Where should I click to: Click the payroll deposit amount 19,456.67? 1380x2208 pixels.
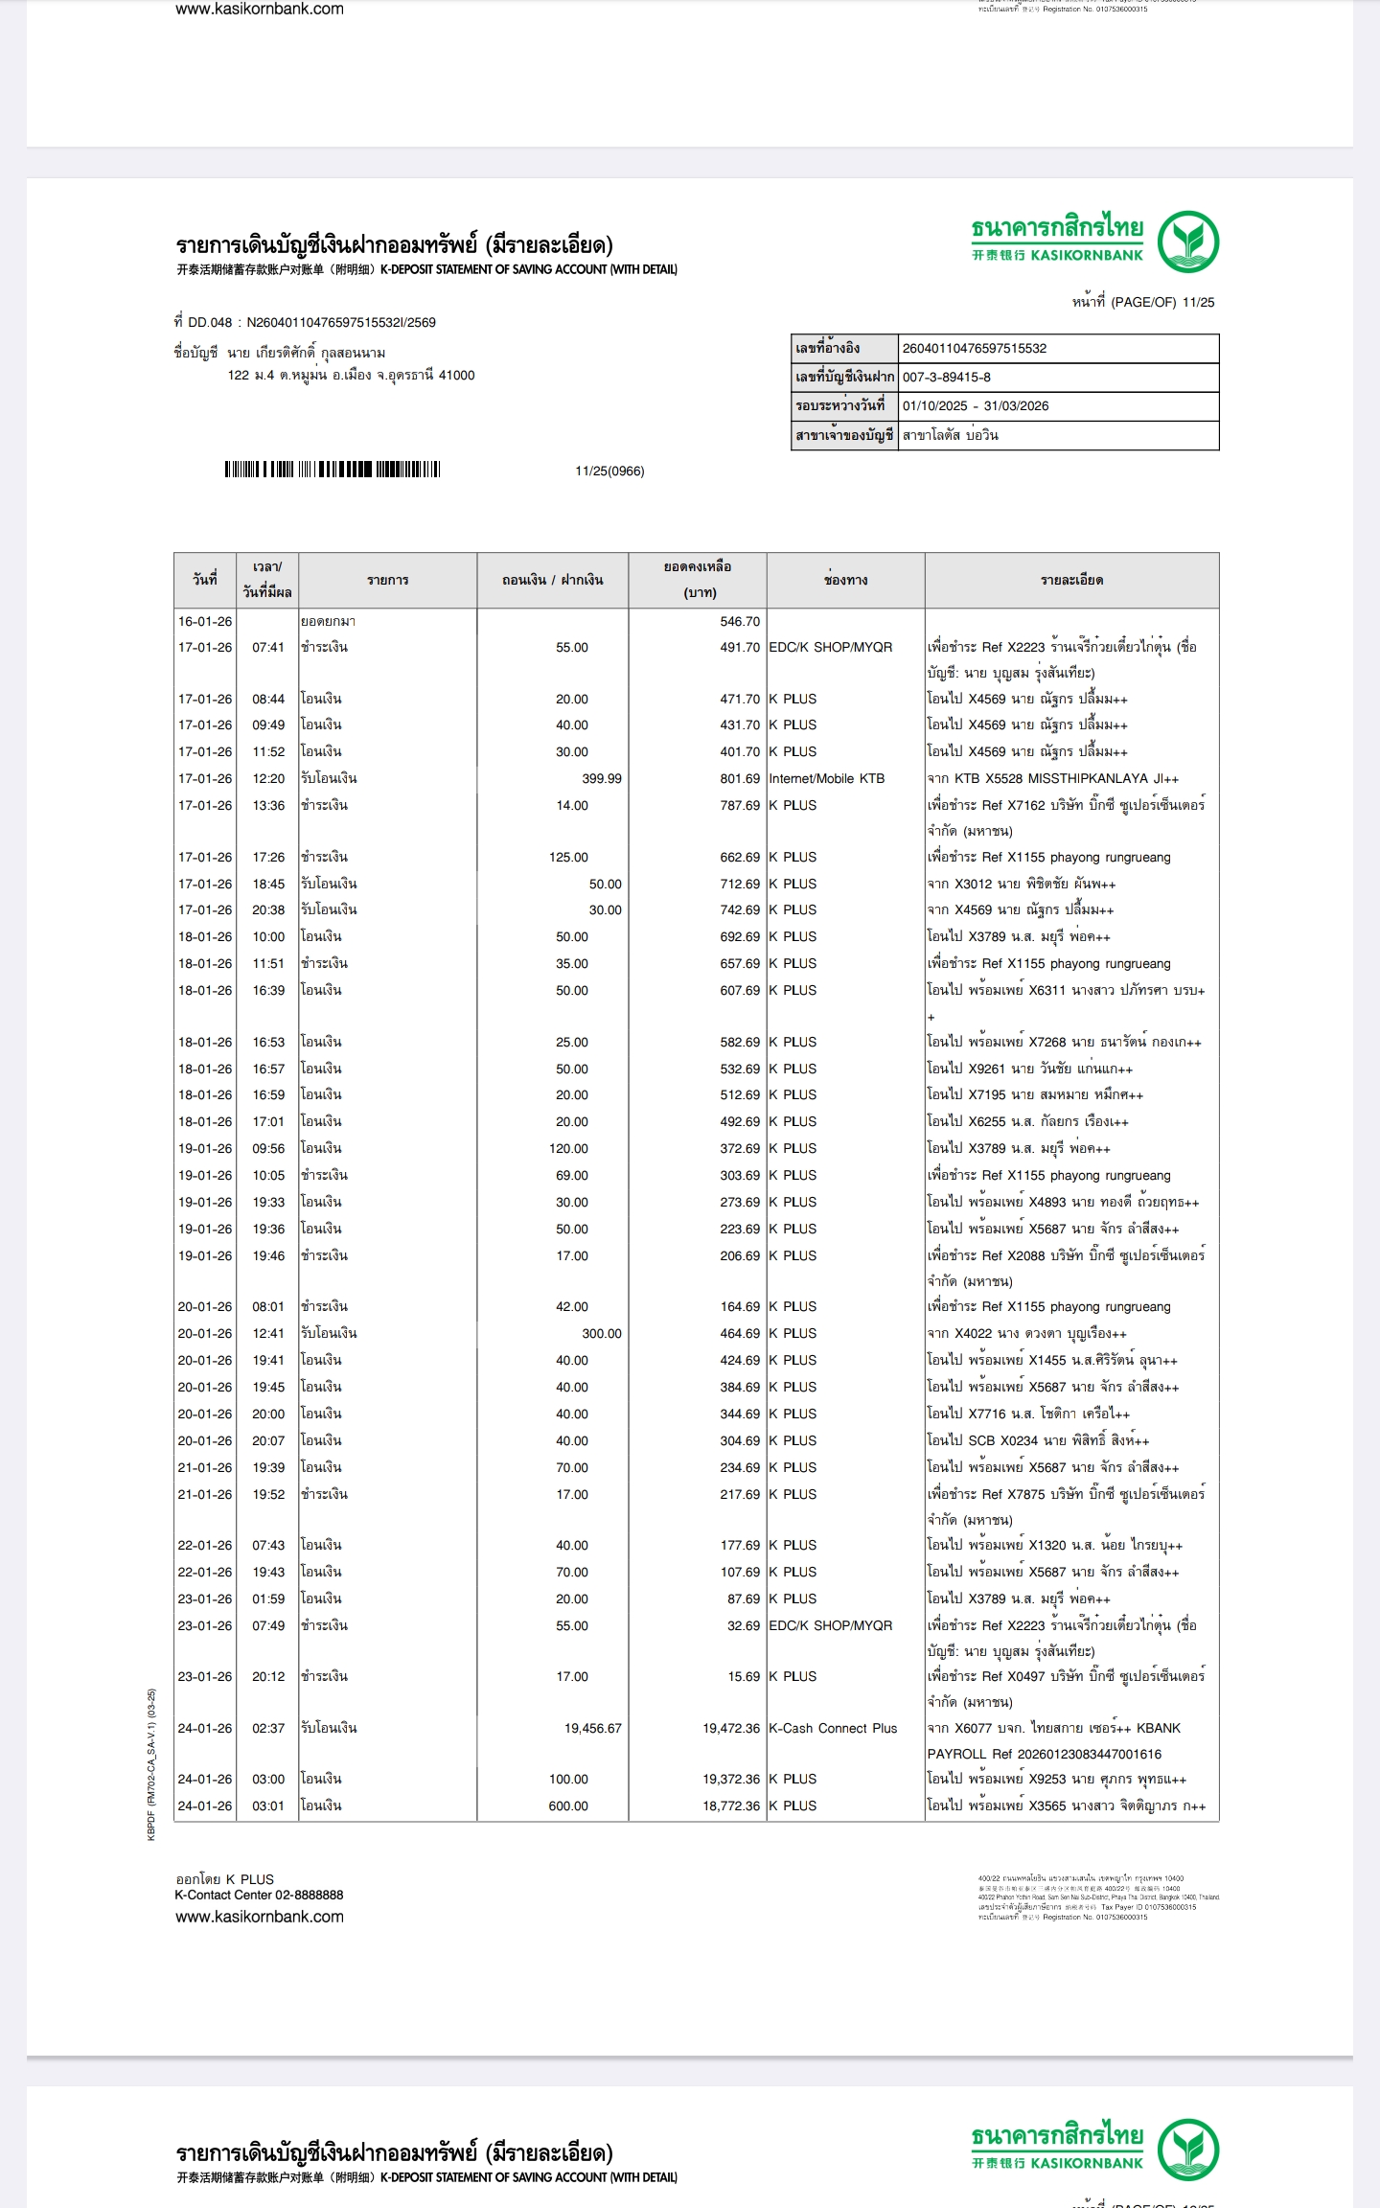[x=592, y=1728]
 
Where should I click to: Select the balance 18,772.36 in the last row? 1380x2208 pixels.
[x=731, y=1805]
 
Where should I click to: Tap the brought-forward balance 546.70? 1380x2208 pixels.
[x=740, y=621]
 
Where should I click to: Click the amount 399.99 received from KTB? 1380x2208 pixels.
[x=601, y=778]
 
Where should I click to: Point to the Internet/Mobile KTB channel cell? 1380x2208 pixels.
[x=826, y=778]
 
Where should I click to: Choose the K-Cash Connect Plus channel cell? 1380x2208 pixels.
[x=833, y=1728]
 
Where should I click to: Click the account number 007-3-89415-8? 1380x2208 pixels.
[x=946, y=378]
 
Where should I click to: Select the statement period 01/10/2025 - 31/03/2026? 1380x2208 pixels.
[x=975, y=406]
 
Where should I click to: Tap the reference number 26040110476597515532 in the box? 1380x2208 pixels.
[x=974, y=349]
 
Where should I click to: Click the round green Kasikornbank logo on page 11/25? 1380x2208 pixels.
[x=1187, y=241]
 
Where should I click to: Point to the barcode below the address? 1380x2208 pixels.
[x=332, y=470]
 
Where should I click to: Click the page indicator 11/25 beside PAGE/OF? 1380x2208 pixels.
[x=1198, y=303]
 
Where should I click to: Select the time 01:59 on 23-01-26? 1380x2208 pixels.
[x=268, y=1598]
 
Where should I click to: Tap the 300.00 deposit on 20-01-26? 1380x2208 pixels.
[x=601, y=1333]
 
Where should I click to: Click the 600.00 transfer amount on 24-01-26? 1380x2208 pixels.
[x=568, y=1805]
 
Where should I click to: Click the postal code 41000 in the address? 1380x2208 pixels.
[x=456, y=376]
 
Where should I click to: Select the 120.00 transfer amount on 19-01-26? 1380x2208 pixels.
[x=568, y=1148]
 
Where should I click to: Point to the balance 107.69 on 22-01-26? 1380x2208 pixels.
[x=740, y=1572]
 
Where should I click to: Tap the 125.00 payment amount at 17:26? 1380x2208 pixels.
[x=568, y=857]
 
